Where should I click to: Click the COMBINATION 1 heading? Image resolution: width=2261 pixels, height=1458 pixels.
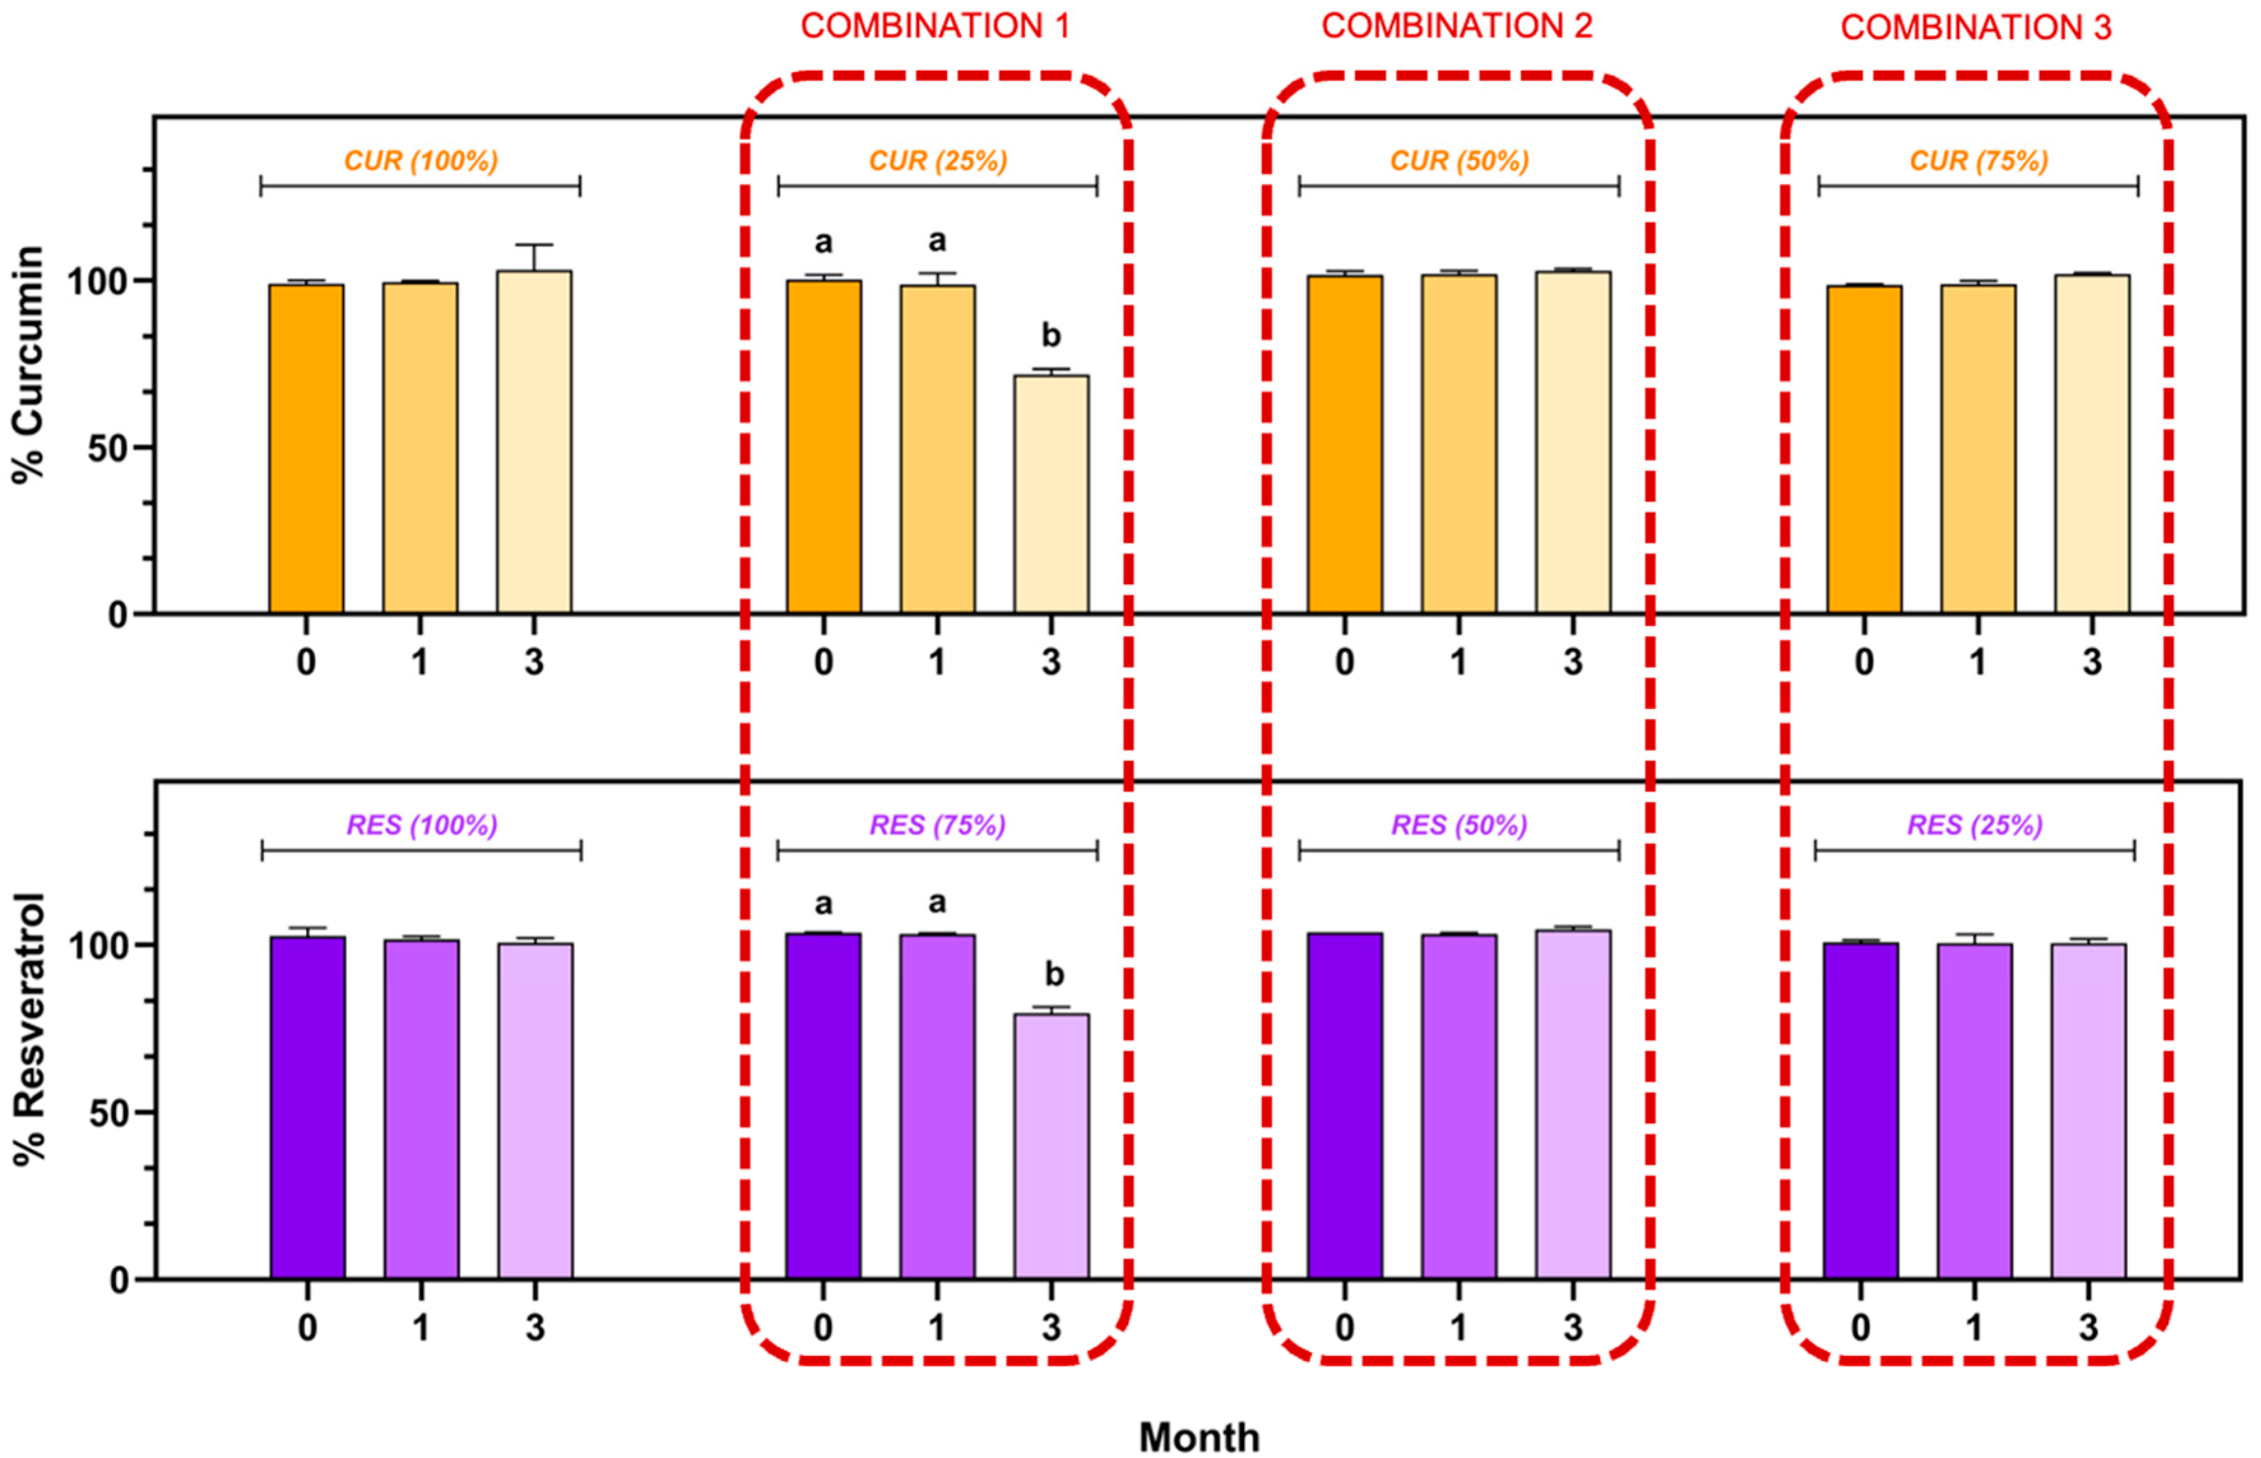pos(935,27)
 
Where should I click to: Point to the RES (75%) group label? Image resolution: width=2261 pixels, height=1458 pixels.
pos(937,826)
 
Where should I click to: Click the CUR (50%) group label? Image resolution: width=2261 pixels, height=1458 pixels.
pos(1459,161)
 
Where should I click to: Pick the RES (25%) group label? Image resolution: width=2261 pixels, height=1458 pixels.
pos(1974,826)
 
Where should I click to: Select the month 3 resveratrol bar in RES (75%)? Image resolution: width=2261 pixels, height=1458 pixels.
pos(1051,1146)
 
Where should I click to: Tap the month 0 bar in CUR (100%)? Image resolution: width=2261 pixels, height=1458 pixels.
pos(306,449)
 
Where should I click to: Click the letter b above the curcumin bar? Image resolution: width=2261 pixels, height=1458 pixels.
pos(1051,335)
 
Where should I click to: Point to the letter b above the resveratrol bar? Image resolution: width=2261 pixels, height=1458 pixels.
pos(1053,974)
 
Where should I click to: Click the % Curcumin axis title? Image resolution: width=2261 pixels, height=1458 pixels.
pos(29,365)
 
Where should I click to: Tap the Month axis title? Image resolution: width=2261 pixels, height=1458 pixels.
pos(1199,1437)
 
